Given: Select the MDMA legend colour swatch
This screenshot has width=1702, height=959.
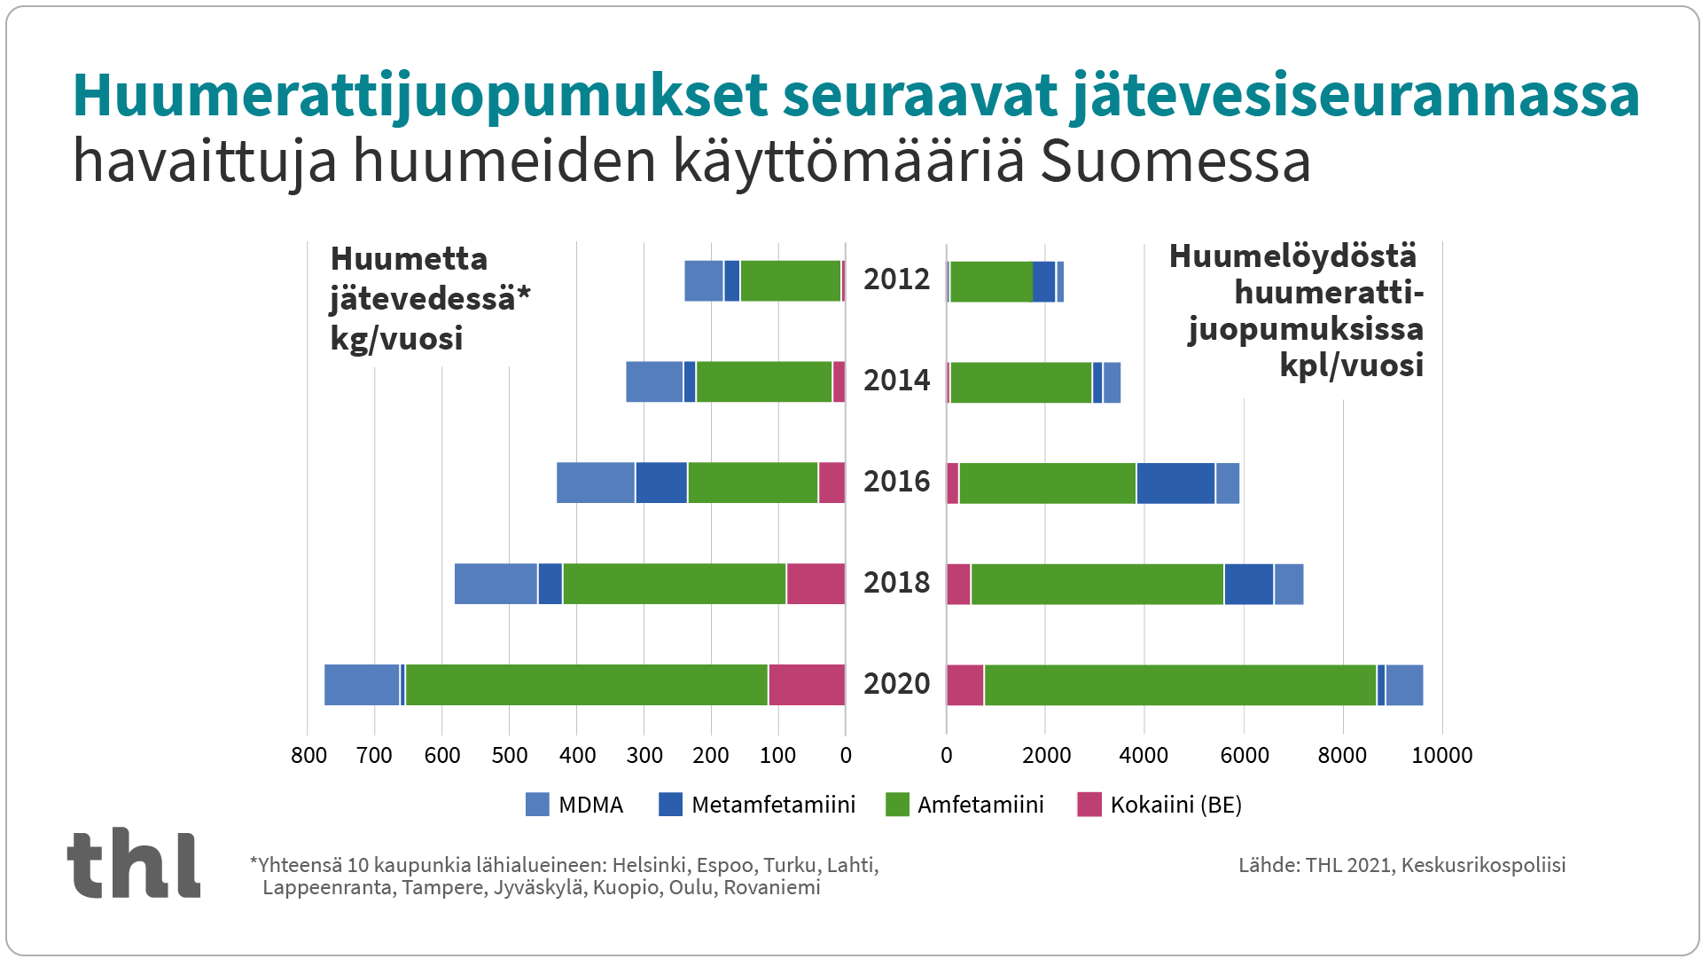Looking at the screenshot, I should pos(537,804).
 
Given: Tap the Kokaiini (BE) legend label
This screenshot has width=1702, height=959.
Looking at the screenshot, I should pos(1175,805).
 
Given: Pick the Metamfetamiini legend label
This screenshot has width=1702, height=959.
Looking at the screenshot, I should pos(773,805).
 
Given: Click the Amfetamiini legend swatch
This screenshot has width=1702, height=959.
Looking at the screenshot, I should pos(897,804).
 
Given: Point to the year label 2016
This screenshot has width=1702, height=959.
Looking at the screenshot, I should pos(896,482).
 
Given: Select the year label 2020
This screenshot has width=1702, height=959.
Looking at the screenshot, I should pos(896,684).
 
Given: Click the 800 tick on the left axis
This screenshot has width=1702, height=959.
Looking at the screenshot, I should pos(308,755).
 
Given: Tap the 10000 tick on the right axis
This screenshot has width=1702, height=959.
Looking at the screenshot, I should pos(1441,755).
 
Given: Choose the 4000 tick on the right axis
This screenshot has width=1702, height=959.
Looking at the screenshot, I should pos(1144,755).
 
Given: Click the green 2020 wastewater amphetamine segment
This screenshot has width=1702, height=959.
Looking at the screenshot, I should pos(586,684).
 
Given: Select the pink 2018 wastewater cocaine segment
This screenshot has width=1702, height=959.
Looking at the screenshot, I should pos(816,583).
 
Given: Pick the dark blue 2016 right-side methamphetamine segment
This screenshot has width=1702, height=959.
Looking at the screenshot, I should pos(1175,483).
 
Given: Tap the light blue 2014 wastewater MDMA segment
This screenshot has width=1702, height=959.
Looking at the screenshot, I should pos(654,381).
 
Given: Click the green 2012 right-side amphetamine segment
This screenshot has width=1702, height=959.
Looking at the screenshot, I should pos(991,281).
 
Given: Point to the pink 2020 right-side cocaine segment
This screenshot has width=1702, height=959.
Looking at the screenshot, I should pos(965,684).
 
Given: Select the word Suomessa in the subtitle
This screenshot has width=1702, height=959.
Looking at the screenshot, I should pos(1175,161).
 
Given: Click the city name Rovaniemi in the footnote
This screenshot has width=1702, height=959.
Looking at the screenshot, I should pos(771,887).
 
